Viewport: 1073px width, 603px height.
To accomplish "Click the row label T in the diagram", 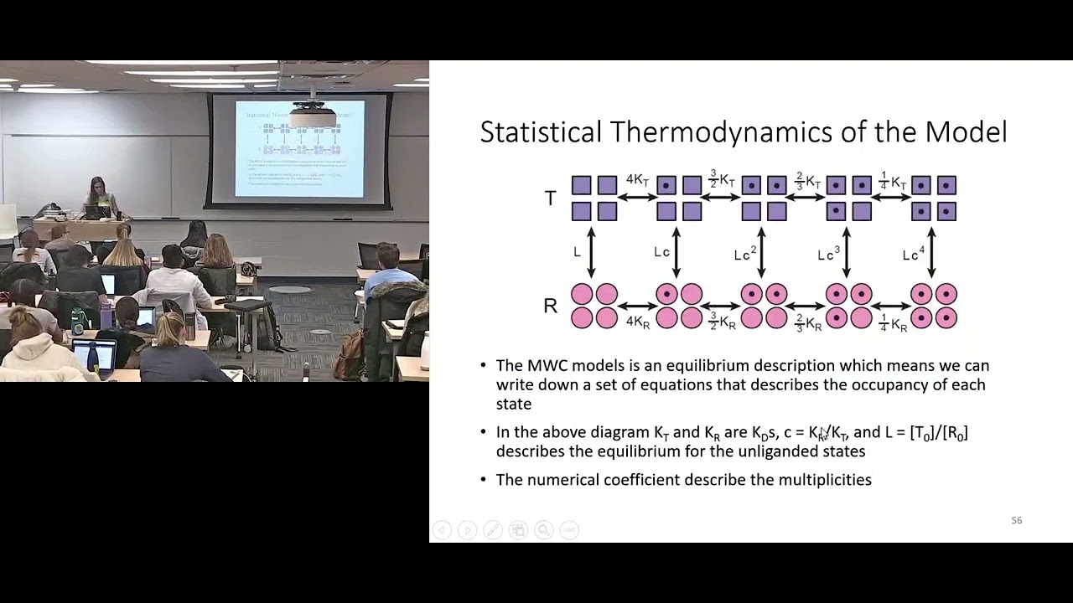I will [550, 198].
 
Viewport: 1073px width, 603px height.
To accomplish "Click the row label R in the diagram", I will [550, 307].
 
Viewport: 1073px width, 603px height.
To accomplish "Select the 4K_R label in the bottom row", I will [637, 322].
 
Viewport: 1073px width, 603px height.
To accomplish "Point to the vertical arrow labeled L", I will [592, 252].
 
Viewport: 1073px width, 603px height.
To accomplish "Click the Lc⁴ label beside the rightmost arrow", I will [911, 254].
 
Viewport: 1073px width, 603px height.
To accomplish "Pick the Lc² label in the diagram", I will [744, 254].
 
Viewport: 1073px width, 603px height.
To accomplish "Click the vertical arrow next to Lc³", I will [846, 252].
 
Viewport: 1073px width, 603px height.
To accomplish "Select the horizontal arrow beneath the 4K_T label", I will [638, 198].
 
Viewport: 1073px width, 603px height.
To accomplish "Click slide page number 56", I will [1016, 521].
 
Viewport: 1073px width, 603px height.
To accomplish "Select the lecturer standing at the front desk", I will [100, 198].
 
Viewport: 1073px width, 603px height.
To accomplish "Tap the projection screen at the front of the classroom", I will [299, 149].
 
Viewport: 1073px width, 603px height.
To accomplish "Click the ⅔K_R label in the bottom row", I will [806, 323].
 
